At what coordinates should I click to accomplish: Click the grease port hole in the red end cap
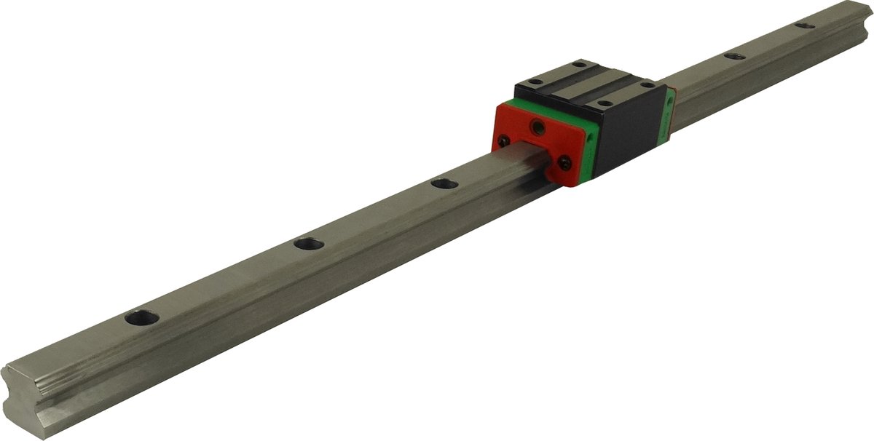coord(538,127)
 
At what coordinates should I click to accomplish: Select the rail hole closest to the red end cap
coord(444,184)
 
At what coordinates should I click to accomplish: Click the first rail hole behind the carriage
coord(734,55)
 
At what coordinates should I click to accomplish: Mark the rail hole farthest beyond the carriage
coord(805,25)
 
